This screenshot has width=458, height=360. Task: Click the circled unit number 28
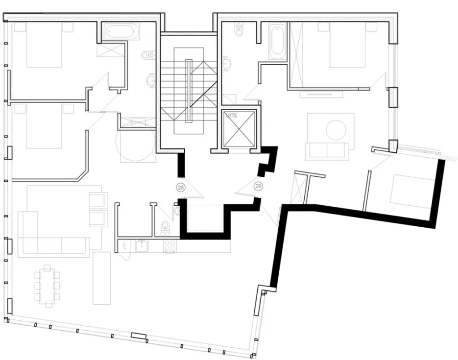[x=180, y=188]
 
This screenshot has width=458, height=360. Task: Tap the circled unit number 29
[x=259, y=186]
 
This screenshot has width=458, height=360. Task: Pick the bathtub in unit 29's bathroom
[x=276, y=41]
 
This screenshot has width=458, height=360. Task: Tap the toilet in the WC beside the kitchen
[x=166, y=226]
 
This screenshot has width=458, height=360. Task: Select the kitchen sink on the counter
[x=143, y=246]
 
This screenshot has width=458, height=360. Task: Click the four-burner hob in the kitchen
[x=170, y=246]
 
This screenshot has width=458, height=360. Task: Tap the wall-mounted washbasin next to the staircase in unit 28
[x=151, y=78]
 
